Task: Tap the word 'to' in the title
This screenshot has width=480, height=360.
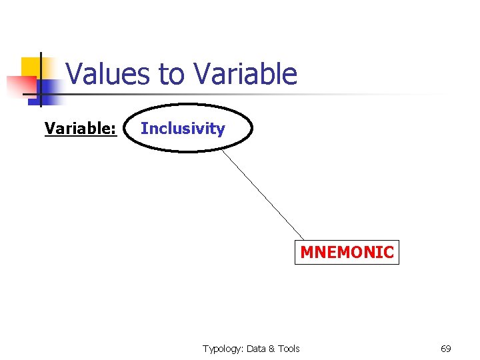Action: [172, 74]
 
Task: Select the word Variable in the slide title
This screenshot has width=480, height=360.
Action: [244, 74]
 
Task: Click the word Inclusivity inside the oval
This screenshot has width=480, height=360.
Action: [183, 128]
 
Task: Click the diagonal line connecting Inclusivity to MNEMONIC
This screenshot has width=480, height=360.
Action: [263, 194]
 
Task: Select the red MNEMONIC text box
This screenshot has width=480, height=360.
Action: [347, 253]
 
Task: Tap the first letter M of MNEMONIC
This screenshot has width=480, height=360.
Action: [307, 253]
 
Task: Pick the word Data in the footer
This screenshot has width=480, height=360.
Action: [256, 349]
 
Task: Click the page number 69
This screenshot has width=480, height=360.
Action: [446, 349]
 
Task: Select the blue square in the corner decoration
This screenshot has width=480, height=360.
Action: [49, 90]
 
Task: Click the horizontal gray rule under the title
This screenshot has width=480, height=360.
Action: [267, 94]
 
